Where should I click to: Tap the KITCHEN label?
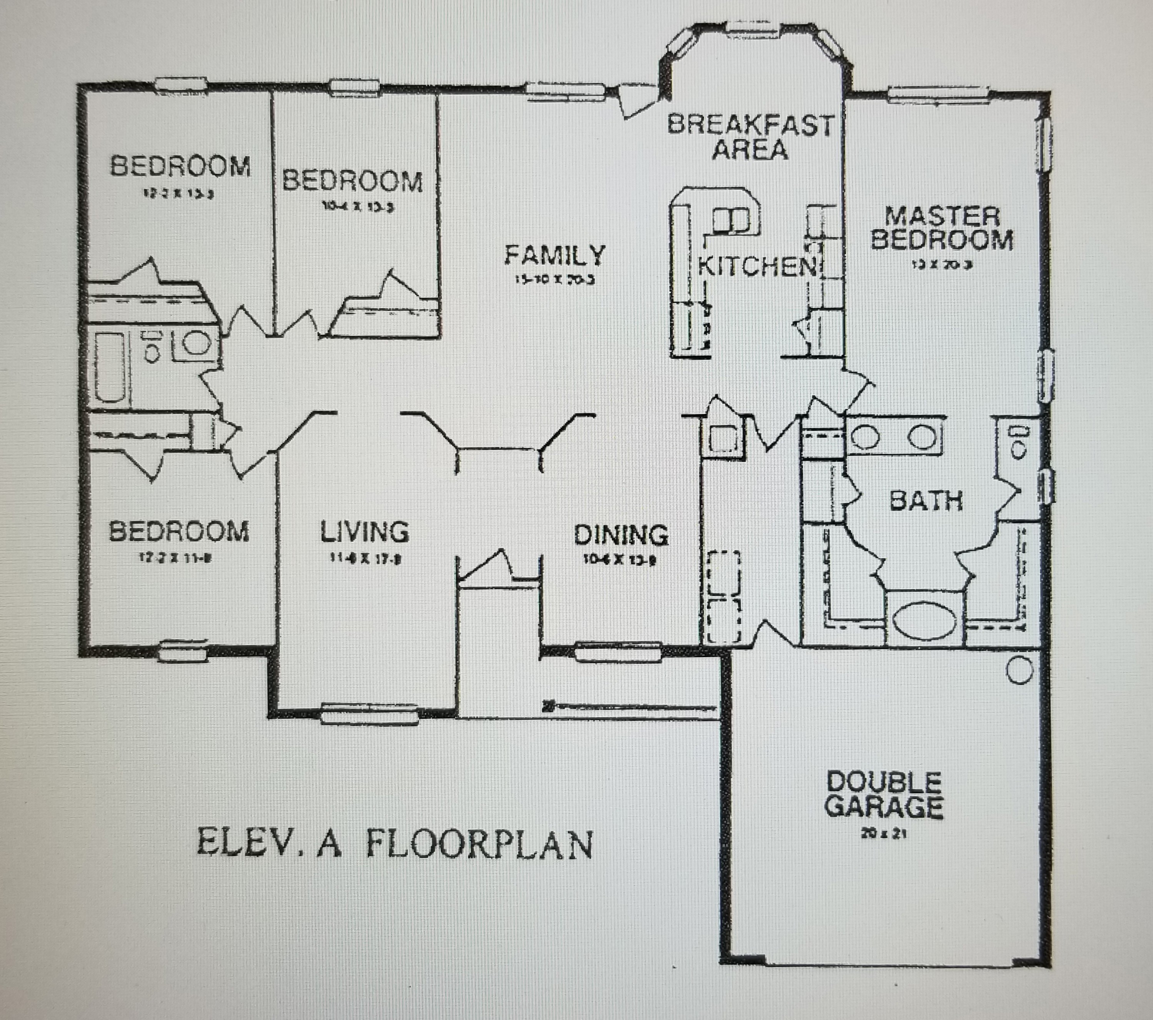pyautogui.click(x=757, y=266)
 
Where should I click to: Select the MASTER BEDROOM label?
pyautogui.click(x=942, y=228)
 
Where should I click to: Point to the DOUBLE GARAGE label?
pyautogui.click(x=884, y=795)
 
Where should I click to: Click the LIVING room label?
pyautogui.click(x=364, y=532)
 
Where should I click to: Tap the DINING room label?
pyautogui.click(x=621, y=535)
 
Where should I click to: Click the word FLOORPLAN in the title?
pyautogui.click(x=479, y=844)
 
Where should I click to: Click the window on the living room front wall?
pyautogui.click(x=369, y=714)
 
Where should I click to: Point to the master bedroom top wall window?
pyautogui.click(x=938, y=94)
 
